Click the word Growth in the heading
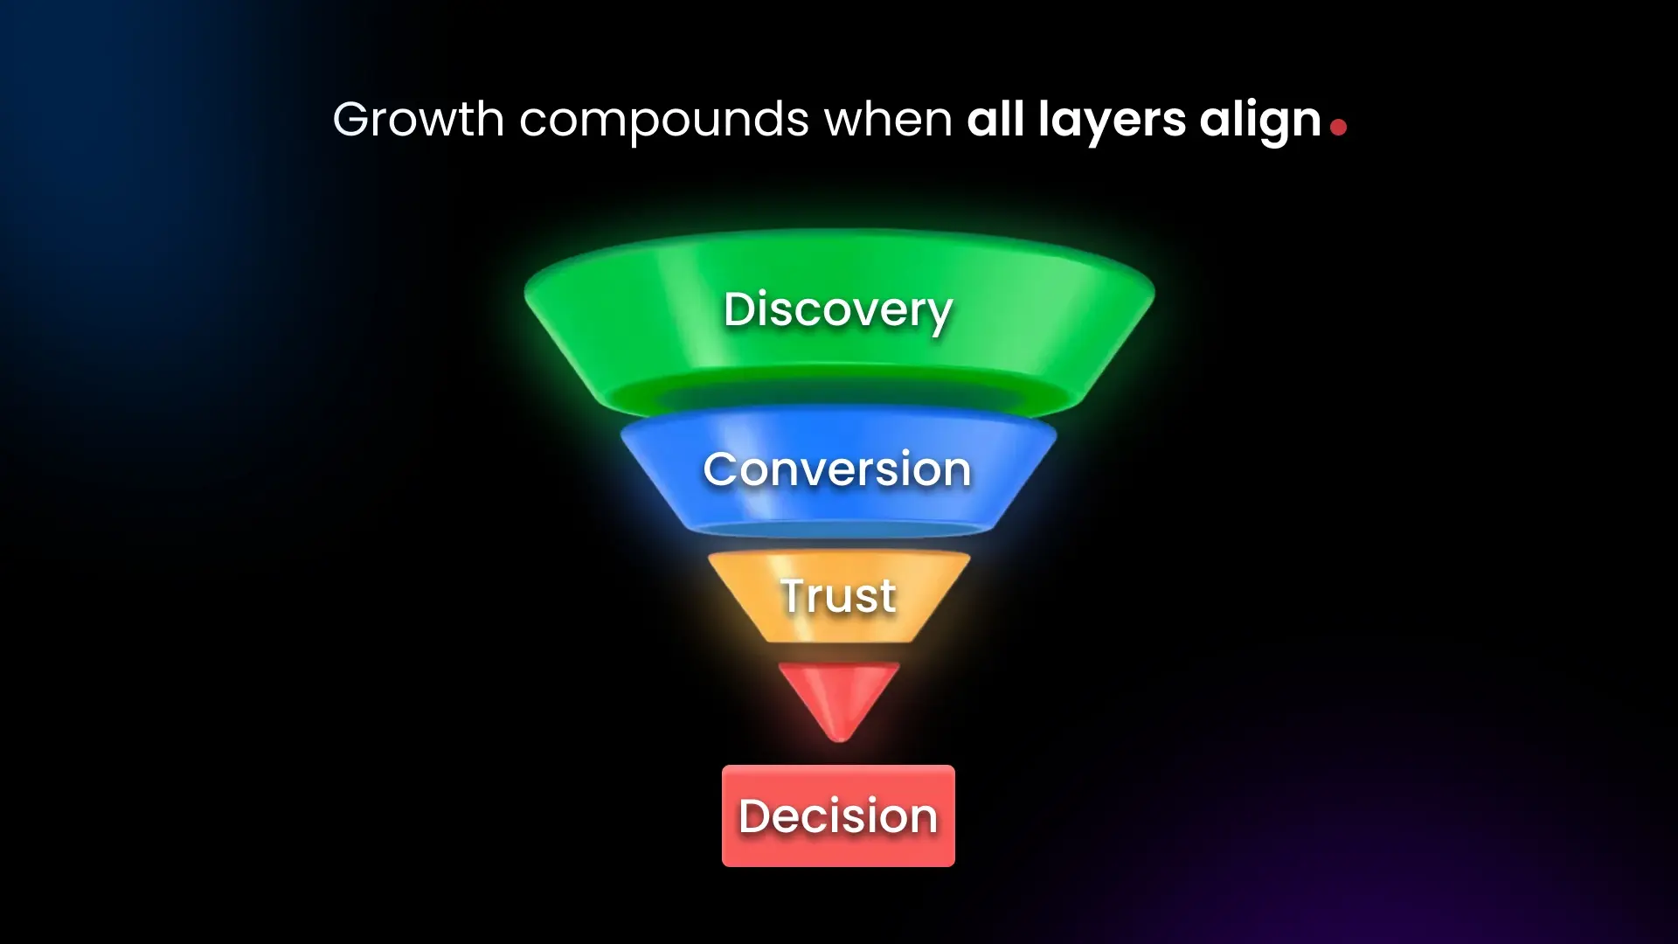pos(418,119)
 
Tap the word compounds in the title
pos(664,121)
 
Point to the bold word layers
pos(1112,121)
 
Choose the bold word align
pos(1259,121)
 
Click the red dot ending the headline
pos(1338,128)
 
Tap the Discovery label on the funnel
pos(837,309)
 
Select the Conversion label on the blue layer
pos(837,469)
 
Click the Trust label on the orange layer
pos(838,596)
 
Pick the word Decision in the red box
pos(838,816)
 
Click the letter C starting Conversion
pos(721,469)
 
